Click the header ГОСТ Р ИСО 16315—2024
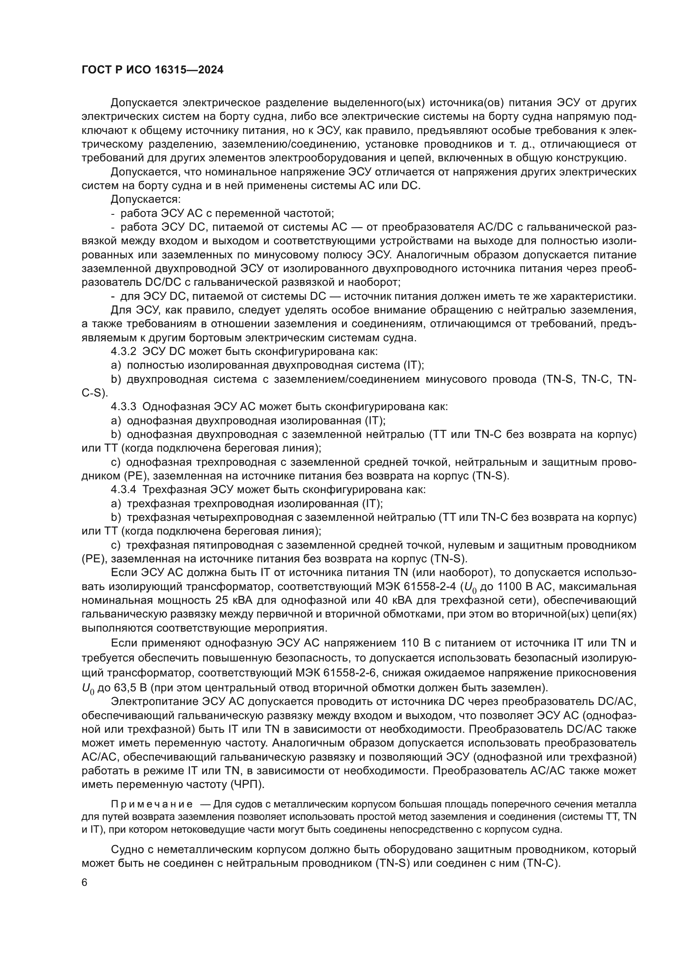click(x=153, y=70)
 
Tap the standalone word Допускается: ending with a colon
click(x=145, y=199)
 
